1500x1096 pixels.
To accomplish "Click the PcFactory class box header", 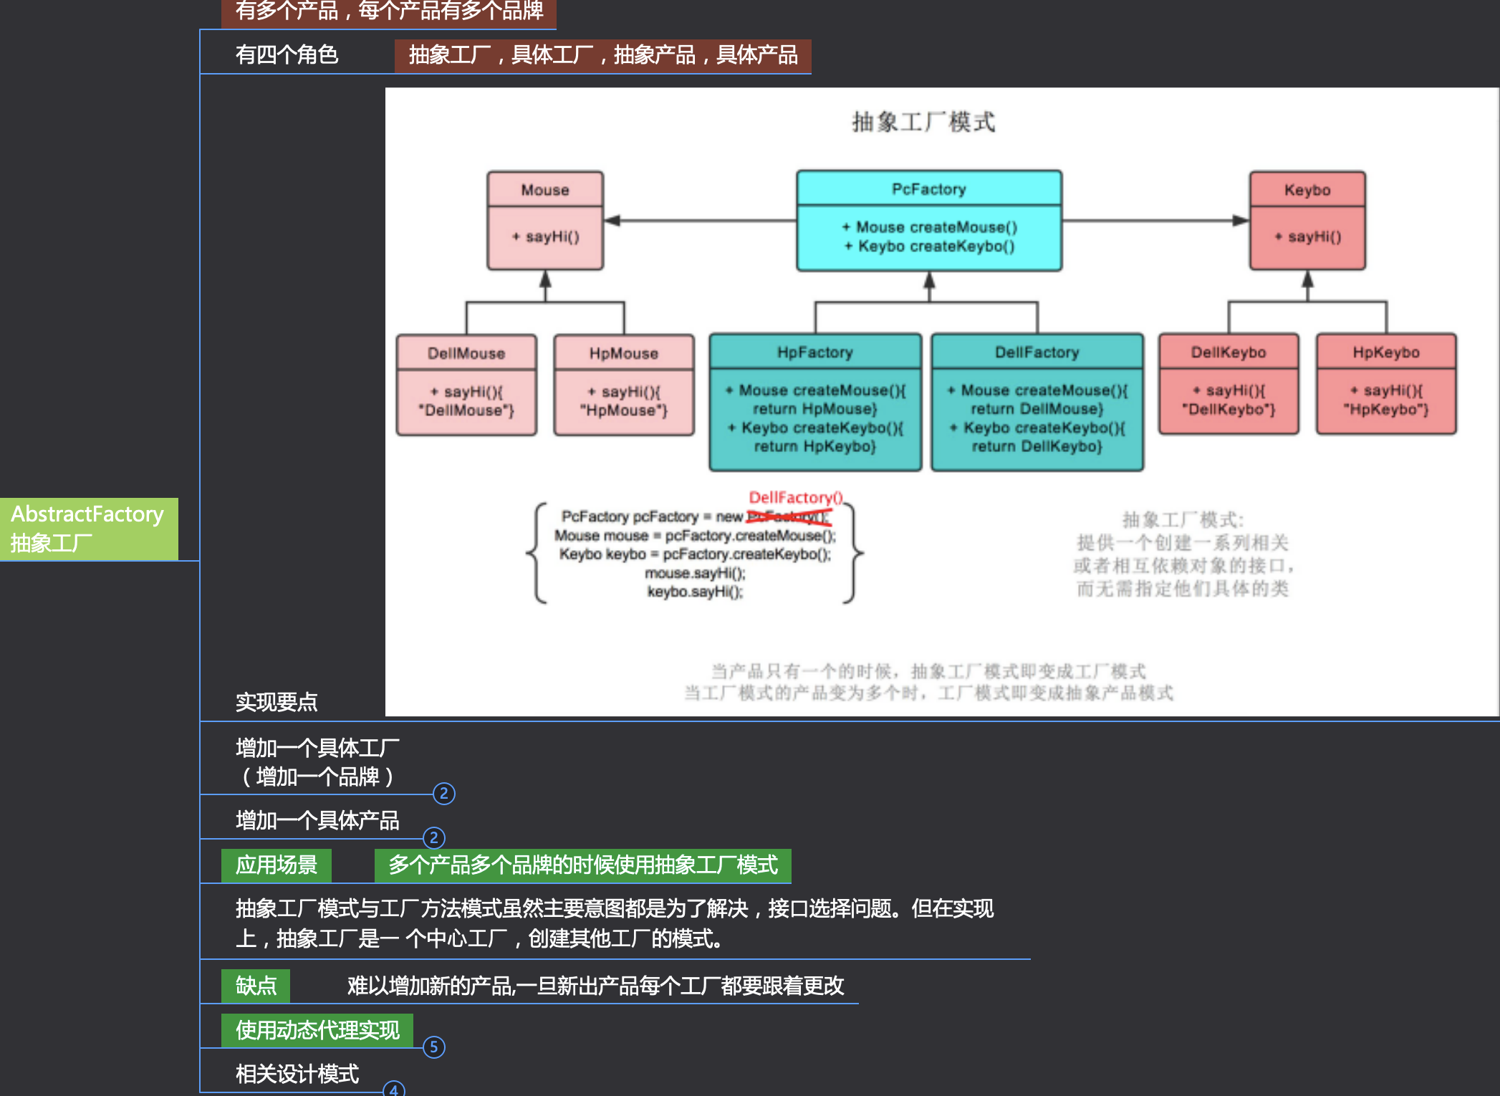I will click(x=928, y=189).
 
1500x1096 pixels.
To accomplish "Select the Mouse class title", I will click(x=545, y=190).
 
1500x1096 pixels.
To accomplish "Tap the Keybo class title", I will click(x=1307, y=190).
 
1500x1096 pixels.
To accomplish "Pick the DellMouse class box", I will click(x=466, y=385).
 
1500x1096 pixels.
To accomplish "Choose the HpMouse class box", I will click(x=624, y=385).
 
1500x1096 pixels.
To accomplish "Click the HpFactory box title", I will click(x=815, y=352).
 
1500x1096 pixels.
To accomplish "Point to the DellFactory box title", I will click(x=1037, y=352).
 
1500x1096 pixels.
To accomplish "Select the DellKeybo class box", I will click(x=1229, y=384).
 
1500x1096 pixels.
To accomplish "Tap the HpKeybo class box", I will click(x=1386, y=384).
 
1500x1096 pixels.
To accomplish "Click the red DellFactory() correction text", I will click(x=795, y=497).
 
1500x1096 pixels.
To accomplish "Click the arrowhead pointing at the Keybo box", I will click(x=1240, y=221).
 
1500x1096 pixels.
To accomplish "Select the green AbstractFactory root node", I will click(x=88, y=529).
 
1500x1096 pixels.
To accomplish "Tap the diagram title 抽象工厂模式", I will click(x=923, y=122).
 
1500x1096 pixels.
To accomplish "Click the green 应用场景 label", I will click(x=277, y=865).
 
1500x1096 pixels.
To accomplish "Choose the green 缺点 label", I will click(x=256, y=986).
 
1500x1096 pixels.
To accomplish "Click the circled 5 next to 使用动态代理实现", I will click(x=434, y=1047).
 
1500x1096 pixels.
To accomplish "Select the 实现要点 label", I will click(x=277, y=702).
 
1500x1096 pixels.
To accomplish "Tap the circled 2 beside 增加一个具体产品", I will click(x=434, y=837).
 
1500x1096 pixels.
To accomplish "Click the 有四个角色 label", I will click(x=287, y=54).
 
